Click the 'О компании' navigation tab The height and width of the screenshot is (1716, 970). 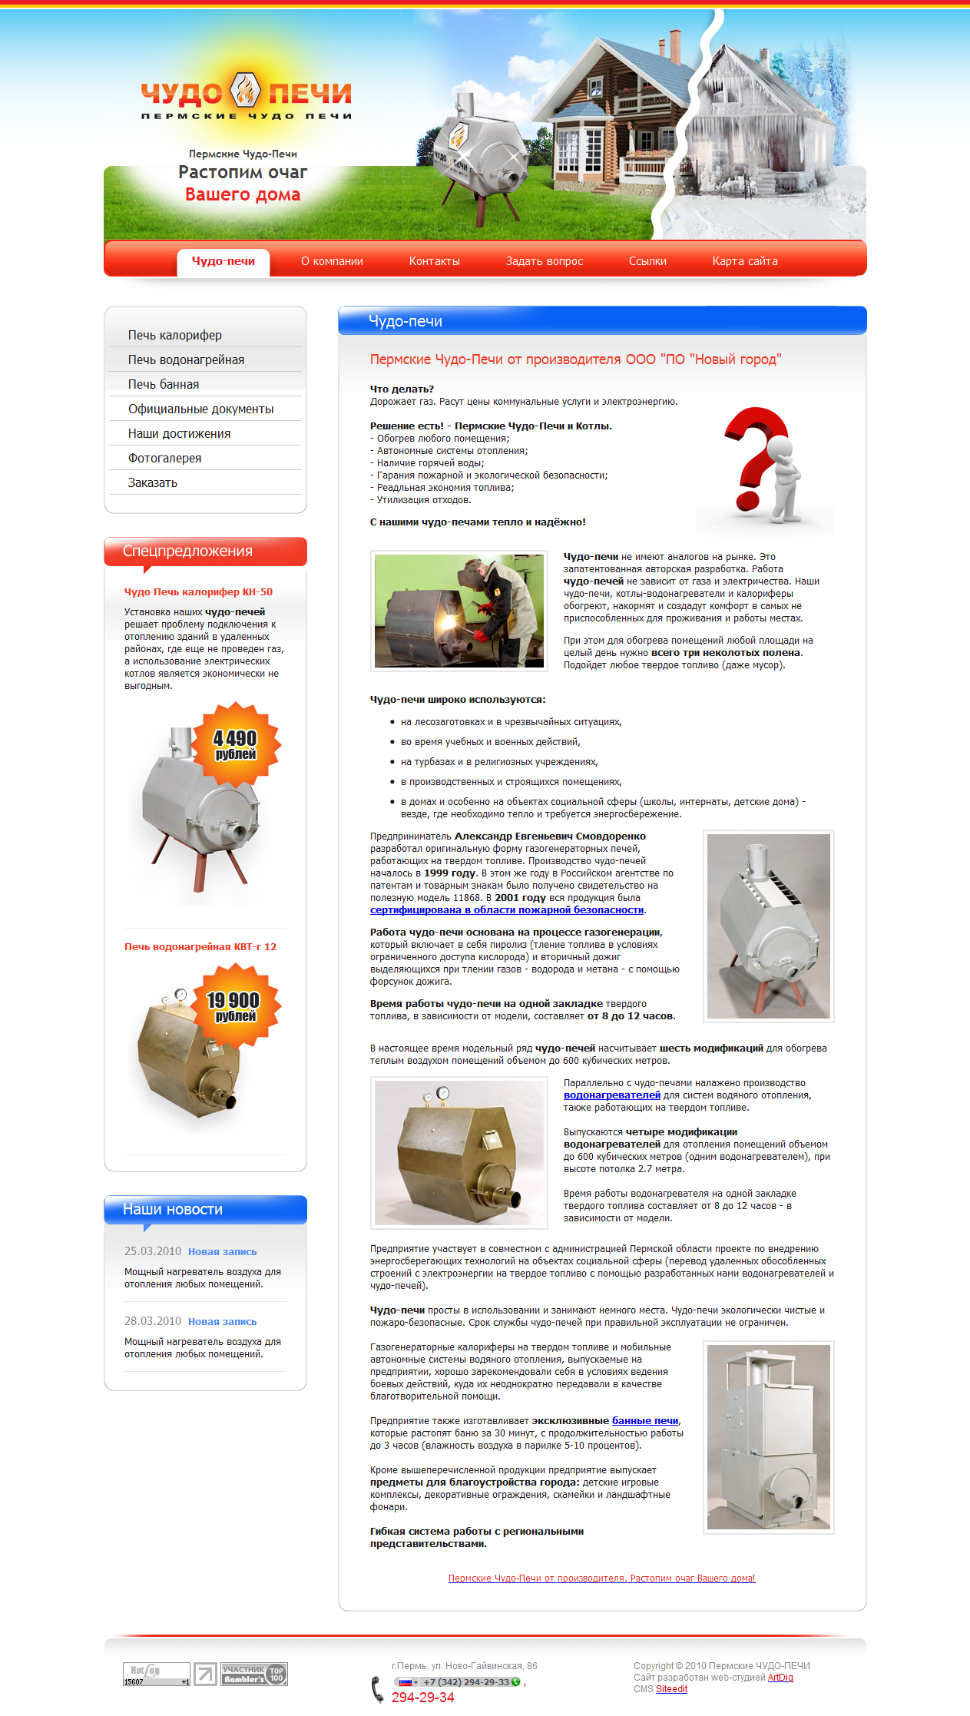click(x=332, y=261)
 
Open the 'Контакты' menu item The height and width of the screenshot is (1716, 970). click(x=434, y=261)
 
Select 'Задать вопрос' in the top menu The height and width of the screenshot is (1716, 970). click(x=544, y=261)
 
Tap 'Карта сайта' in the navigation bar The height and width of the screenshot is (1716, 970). click(x=744, y=261)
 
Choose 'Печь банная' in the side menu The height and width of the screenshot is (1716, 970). click(x=164, y=384)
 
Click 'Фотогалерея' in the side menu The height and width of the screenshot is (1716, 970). click(x=164, y=458)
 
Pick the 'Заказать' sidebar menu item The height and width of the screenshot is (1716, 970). click(x=153, y=482)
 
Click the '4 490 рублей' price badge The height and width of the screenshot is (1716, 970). click(x=235, y=744)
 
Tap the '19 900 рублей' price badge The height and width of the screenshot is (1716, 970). click(x=234, y=1005)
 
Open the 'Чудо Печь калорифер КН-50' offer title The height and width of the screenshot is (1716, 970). click(x=198, y=591)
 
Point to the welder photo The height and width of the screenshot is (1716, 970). click(x=459, y=611)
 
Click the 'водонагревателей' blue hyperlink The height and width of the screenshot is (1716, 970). click(x=611, y=1095)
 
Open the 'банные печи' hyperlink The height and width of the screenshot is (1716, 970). click(x=645, y=1420)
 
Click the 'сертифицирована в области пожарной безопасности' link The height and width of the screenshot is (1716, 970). click(x=507, y=909)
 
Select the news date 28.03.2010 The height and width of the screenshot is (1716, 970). click(x=153, y=1320)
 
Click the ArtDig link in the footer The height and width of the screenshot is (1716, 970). click(x=780, y=1677)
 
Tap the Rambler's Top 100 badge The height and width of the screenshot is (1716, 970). click(x=253, y=1674)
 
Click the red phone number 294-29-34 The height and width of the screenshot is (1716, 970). click(x=422, y=1697)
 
